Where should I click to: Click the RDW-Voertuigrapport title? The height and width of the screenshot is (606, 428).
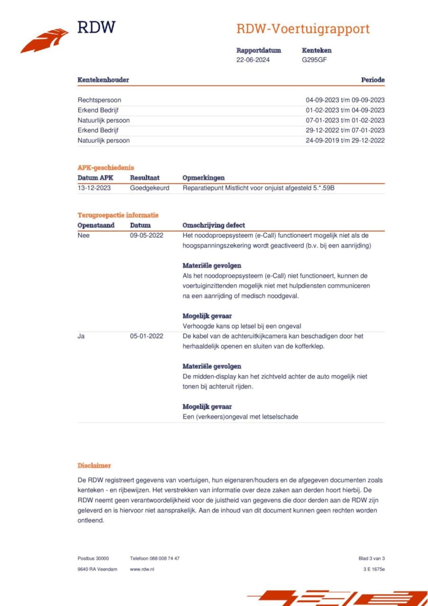(x=303, y=29)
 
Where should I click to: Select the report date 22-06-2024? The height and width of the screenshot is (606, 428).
(x=253, y=60)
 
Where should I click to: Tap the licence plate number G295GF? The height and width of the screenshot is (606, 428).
(x=314, y=60)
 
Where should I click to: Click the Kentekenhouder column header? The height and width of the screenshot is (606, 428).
(x=103, y=80)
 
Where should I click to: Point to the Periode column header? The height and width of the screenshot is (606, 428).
(x=372, y=80)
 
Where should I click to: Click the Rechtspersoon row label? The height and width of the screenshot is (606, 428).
(x=99, y=100)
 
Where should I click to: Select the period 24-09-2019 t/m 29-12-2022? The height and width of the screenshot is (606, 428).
(x=345, y=140)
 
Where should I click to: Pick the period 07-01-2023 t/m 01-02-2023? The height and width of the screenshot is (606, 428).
(x=345, y=120)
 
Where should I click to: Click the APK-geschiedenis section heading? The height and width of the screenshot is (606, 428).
(x=106, y=168)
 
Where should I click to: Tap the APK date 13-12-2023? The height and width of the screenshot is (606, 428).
(x=94, y=188)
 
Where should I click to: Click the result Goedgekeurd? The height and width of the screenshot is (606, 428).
(x=149, y=188)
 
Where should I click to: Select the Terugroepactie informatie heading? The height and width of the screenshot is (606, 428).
(x=118, y=215)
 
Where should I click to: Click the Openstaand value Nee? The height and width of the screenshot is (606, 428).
(x=83, y=235)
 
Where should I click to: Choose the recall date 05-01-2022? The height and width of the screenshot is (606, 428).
(x=146, y=336)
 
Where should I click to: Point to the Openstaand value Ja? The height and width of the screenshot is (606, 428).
(x=81, y=336)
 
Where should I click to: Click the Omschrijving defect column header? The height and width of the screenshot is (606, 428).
(x=214, y=225)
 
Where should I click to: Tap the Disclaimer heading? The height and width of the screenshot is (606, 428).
(x=94, y=466)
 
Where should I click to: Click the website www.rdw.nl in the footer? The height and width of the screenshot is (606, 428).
(x=142, y=569)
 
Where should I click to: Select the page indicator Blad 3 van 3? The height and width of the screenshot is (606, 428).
(x=371, y=559)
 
